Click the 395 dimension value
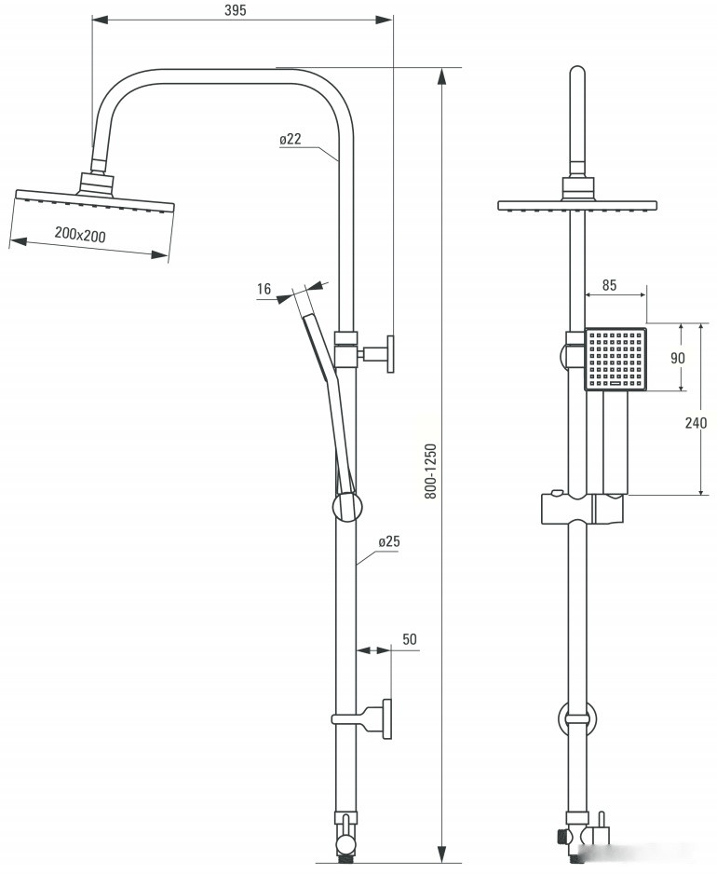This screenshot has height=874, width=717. coord(235,10)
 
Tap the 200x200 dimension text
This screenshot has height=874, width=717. coord(80,235)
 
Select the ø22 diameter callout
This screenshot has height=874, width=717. coord(291,139)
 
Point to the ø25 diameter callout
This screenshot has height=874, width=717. coord(389,541)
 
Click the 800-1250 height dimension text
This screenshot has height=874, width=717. coord(430,471)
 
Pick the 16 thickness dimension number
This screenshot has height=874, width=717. coord(264,289)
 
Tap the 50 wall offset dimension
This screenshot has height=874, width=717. coord(410,639)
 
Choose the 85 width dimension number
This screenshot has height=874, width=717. coord(610,285)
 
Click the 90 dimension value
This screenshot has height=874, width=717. coord(678,358)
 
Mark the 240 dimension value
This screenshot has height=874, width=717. coord(696,423)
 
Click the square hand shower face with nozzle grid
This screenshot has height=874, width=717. coord(616,359)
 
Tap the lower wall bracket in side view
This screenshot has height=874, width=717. coord(362,718)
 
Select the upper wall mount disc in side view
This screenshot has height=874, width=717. coord(390,354)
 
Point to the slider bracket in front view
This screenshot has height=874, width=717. coord(582,508)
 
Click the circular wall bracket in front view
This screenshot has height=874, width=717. coord(577,718)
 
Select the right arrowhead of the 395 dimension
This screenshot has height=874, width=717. coord(384,20)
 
